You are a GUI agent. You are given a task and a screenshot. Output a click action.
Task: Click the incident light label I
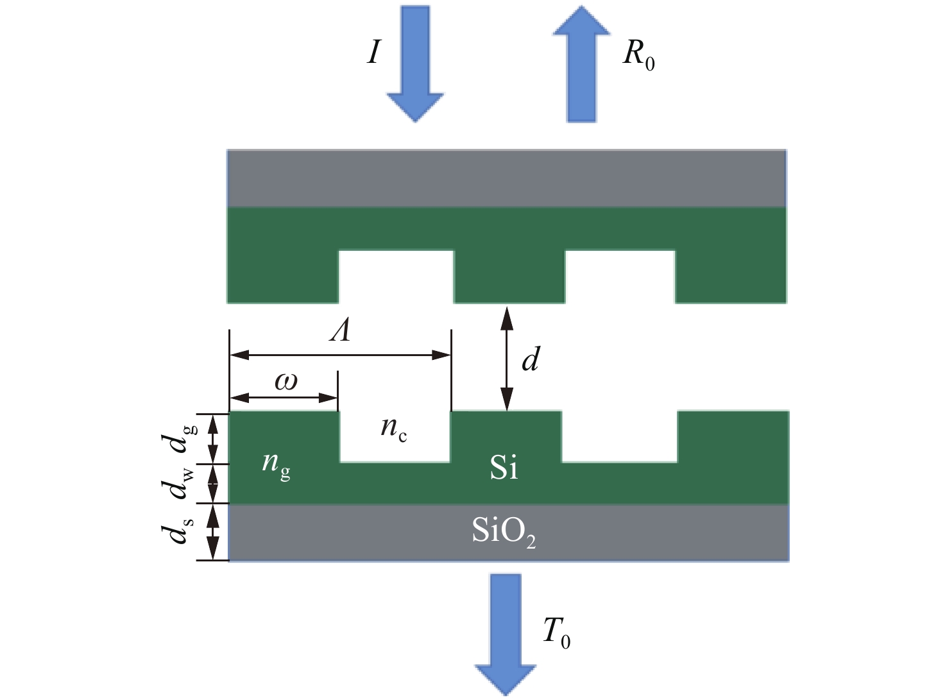click(374, 53)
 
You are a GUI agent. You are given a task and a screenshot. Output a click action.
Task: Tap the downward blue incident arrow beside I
click(415, 64)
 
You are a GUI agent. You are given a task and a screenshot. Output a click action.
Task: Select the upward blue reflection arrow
click(581, 64)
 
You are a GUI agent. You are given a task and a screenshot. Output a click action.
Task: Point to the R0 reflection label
click(638, 56)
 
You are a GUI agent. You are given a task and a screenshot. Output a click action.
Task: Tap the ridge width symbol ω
click(286, 381)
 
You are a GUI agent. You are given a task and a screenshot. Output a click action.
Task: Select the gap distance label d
click(531, 358)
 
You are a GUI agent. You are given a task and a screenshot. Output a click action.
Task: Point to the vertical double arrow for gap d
click(507, 358)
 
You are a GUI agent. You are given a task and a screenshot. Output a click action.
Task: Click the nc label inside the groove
click(394, 428)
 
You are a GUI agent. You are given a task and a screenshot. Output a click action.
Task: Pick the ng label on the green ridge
click(276, 465)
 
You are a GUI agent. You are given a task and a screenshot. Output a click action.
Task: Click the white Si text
click(504, 468)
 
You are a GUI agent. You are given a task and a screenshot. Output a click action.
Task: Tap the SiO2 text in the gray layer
click(504, 532)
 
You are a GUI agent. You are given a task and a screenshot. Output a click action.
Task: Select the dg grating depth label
click(179, 438)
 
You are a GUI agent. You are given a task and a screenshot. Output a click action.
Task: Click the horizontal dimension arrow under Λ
click(340, 355)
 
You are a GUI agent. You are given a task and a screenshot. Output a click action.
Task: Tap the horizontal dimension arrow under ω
click(284, 398)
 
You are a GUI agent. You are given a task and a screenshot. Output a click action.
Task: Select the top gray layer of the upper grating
click(506, 178)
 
